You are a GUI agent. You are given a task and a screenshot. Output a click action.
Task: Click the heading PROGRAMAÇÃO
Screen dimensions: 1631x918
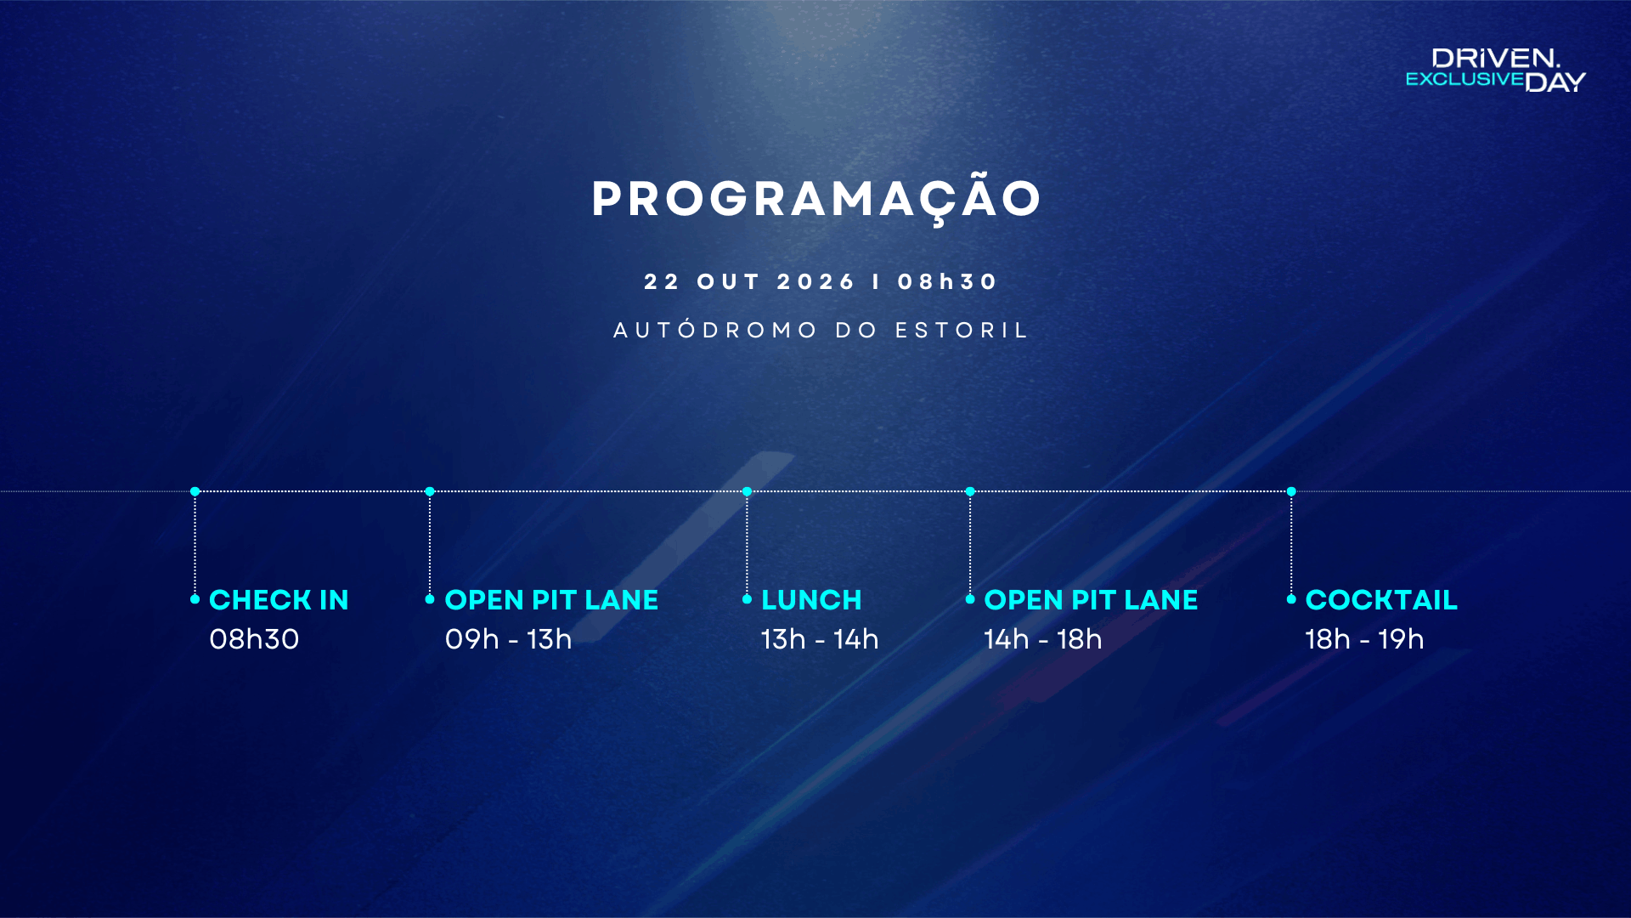tap(816, 199)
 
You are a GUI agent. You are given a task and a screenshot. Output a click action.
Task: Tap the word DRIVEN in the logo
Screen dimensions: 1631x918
tap(1496, 58)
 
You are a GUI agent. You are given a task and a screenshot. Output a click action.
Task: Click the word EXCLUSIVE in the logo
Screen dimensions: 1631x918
tap(1465, 79)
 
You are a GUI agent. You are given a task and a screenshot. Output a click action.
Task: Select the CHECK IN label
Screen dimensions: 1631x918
tap(279, 600)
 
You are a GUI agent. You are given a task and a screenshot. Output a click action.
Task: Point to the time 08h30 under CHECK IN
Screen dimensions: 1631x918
tap(254, 639)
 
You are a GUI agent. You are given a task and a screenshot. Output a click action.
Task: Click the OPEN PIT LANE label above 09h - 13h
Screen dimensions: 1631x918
tap(551, 600)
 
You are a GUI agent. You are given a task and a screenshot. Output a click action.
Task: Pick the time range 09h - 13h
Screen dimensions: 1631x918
tap(508, 639)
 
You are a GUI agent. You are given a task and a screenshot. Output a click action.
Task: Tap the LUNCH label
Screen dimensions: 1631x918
tap(811, 600)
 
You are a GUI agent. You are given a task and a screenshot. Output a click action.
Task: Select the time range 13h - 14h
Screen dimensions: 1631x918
tap(820, 639)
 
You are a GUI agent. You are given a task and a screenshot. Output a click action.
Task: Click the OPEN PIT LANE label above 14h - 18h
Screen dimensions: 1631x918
tap(1091, 600)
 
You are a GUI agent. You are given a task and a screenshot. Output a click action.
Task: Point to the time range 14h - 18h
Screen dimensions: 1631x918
tap(1043, 639)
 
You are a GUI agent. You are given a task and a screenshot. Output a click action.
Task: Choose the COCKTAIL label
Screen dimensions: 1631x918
tap(1381, 600)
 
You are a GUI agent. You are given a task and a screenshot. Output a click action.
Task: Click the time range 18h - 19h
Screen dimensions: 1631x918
tap(1364, 639)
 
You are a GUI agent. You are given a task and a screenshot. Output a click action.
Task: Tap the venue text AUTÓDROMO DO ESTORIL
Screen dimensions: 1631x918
tap(821, 330)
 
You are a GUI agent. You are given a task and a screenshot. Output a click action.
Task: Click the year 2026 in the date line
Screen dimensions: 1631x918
tap(815, 281)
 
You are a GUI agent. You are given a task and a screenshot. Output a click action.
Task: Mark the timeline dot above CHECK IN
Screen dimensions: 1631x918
tap(195, 491)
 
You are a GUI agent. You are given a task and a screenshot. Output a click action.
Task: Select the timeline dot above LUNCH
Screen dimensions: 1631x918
tap(748, 491)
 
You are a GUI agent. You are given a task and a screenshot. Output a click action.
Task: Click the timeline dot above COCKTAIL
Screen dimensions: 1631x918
tap(1291, 491)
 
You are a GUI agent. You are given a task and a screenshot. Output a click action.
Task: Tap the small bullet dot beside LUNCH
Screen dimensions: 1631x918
tap(748, 599)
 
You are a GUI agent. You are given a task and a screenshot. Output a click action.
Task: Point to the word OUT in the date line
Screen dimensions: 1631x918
tap(728, 281)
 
